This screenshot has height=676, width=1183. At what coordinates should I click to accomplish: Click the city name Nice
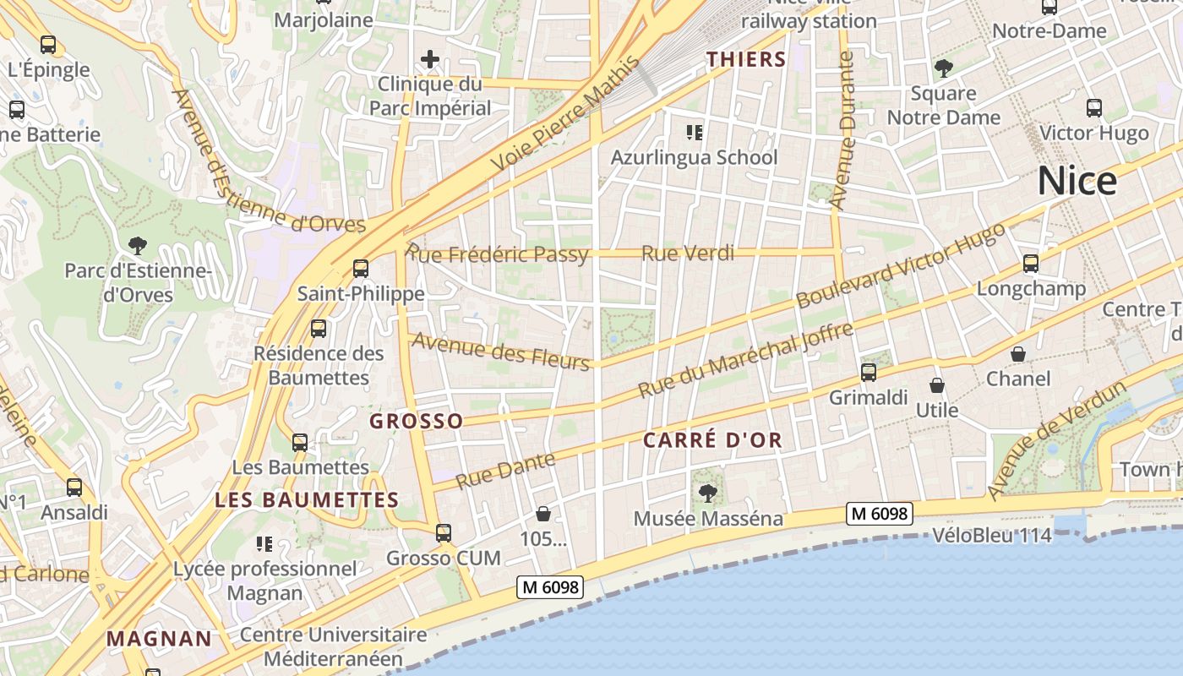1077,181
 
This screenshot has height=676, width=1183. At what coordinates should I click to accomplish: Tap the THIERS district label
746,59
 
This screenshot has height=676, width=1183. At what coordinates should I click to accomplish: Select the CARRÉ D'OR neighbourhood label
712,440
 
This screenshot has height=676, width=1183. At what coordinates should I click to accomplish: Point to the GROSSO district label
417,421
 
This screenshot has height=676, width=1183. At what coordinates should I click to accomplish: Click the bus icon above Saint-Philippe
361,269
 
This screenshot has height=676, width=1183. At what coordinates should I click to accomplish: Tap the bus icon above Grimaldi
868,372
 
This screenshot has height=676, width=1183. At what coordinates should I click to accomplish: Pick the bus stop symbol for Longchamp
1031,264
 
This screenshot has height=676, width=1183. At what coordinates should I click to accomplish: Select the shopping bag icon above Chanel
1018,354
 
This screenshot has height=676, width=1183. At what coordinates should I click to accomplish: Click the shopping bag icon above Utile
937,386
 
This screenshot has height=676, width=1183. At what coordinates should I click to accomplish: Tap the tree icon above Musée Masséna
708,493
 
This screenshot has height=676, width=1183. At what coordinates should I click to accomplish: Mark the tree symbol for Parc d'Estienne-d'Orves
137,246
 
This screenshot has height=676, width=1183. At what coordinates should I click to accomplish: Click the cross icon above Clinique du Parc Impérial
430,59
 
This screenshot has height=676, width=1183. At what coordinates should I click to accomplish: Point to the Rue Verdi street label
687,253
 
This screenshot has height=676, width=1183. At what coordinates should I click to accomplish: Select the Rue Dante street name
505,470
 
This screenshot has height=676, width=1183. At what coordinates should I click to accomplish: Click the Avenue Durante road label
843,130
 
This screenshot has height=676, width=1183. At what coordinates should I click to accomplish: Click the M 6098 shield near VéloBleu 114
880,513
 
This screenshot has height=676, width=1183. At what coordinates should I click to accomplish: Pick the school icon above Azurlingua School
695,133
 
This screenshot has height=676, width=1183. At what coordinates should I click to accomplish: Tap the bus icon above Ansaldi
74,488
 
